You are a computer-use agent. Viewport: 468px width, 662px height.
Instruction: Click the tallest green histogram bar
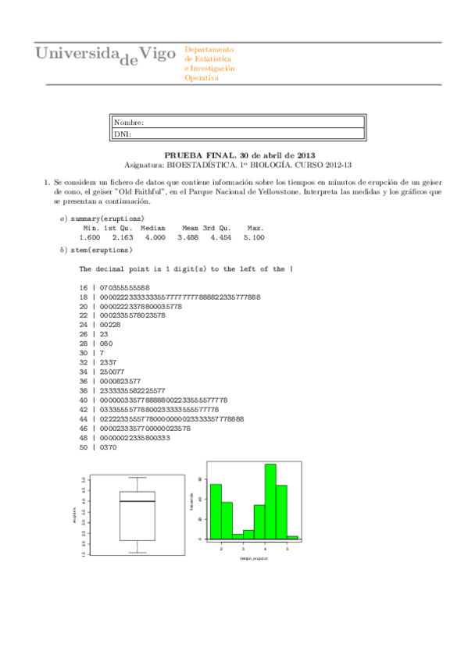(x=270, y=501)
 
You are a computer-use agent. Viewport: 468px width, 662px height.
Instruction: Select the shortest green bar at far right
(x=292, y=537)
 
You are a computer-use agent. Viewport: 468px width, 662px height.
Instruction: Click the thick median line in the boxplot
(x=137, y=501)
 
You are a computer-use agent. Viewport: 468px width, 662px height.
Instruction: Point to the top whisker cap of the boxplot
(x=137, y=477)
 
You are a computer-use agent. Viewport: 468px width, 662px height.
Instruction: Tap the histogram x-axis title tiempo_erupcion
(x=254, y=559)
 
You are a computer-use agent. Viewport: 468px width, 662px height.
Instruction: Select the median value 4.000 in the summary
(x=155, y=237)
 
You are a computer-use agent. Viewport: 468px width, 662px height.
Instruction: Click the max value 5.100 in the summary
(x=254, y=237)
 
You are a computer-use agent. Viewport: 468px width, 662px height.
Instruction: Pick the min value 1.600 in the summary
(x=89, y=237)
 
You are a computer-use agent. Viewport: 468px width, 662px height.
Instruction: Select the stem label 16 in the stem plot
(x=84, y=287)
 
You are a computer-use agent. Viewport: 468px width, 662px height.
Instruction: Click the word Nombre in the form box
(x=128, y=123)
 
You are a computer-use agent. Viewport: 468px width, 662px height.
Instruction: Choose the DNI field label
(x=122, y=133)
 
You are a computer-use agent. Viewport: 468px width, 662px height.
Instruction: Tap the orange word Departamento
(x=209, y=50)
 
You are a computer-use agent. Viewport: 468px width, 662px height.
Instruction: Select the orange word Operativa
(x=202, y=78)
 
